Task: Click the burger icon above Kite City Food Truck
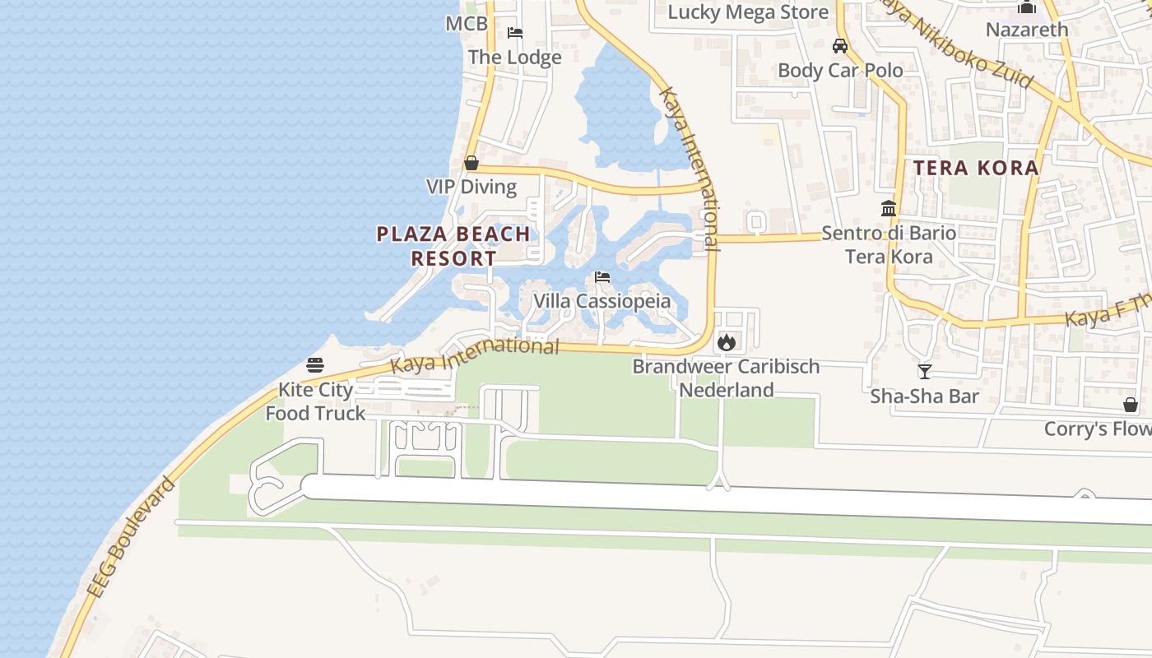click(x=315, y=364)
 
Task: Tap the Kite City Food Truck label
click(x=315, y=401)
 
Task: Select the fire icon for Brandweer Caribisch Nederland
click(x=726, y=341)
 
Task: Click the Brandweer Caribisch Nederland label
click(x=726, y=378)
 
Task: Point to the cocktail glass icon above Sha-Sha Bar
click(x=925, y=372)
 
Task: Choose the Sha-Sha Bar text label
click(x=925, y=396)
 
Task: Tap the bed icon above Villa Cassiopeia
click(x=602, y=277)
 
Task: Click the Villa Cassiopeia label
click(x=602, y=301)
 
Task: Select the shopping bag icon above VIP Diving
click(x=471, y=163)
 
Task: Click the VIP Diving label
click(x=471, y=187)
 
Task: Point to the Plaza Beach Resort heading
click(x=453, y=246)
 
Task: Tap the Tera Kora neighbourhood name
click(x=976, y=168)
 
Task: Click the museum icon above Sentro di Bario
click(x=889, y=208)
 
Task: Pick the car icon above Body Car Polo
click(x=840, y=45)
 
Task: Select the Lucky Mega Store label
click(x=748, y=12)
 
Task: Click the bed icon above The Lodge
click(x=515, y=33)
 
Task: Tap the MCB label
click(x=467, y=24)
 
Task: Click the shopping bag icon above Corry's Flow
click(x=1131, y=405)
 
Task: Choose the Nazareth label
click(x=1027, y=30)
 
